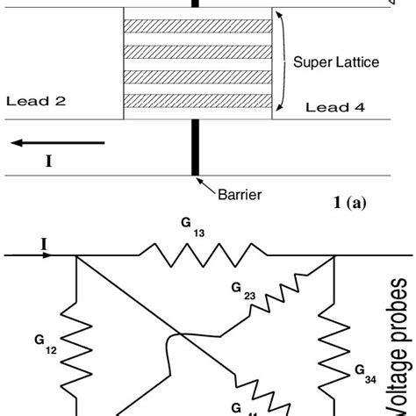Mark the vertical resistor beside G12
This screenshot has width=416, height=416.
(75, 351)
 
